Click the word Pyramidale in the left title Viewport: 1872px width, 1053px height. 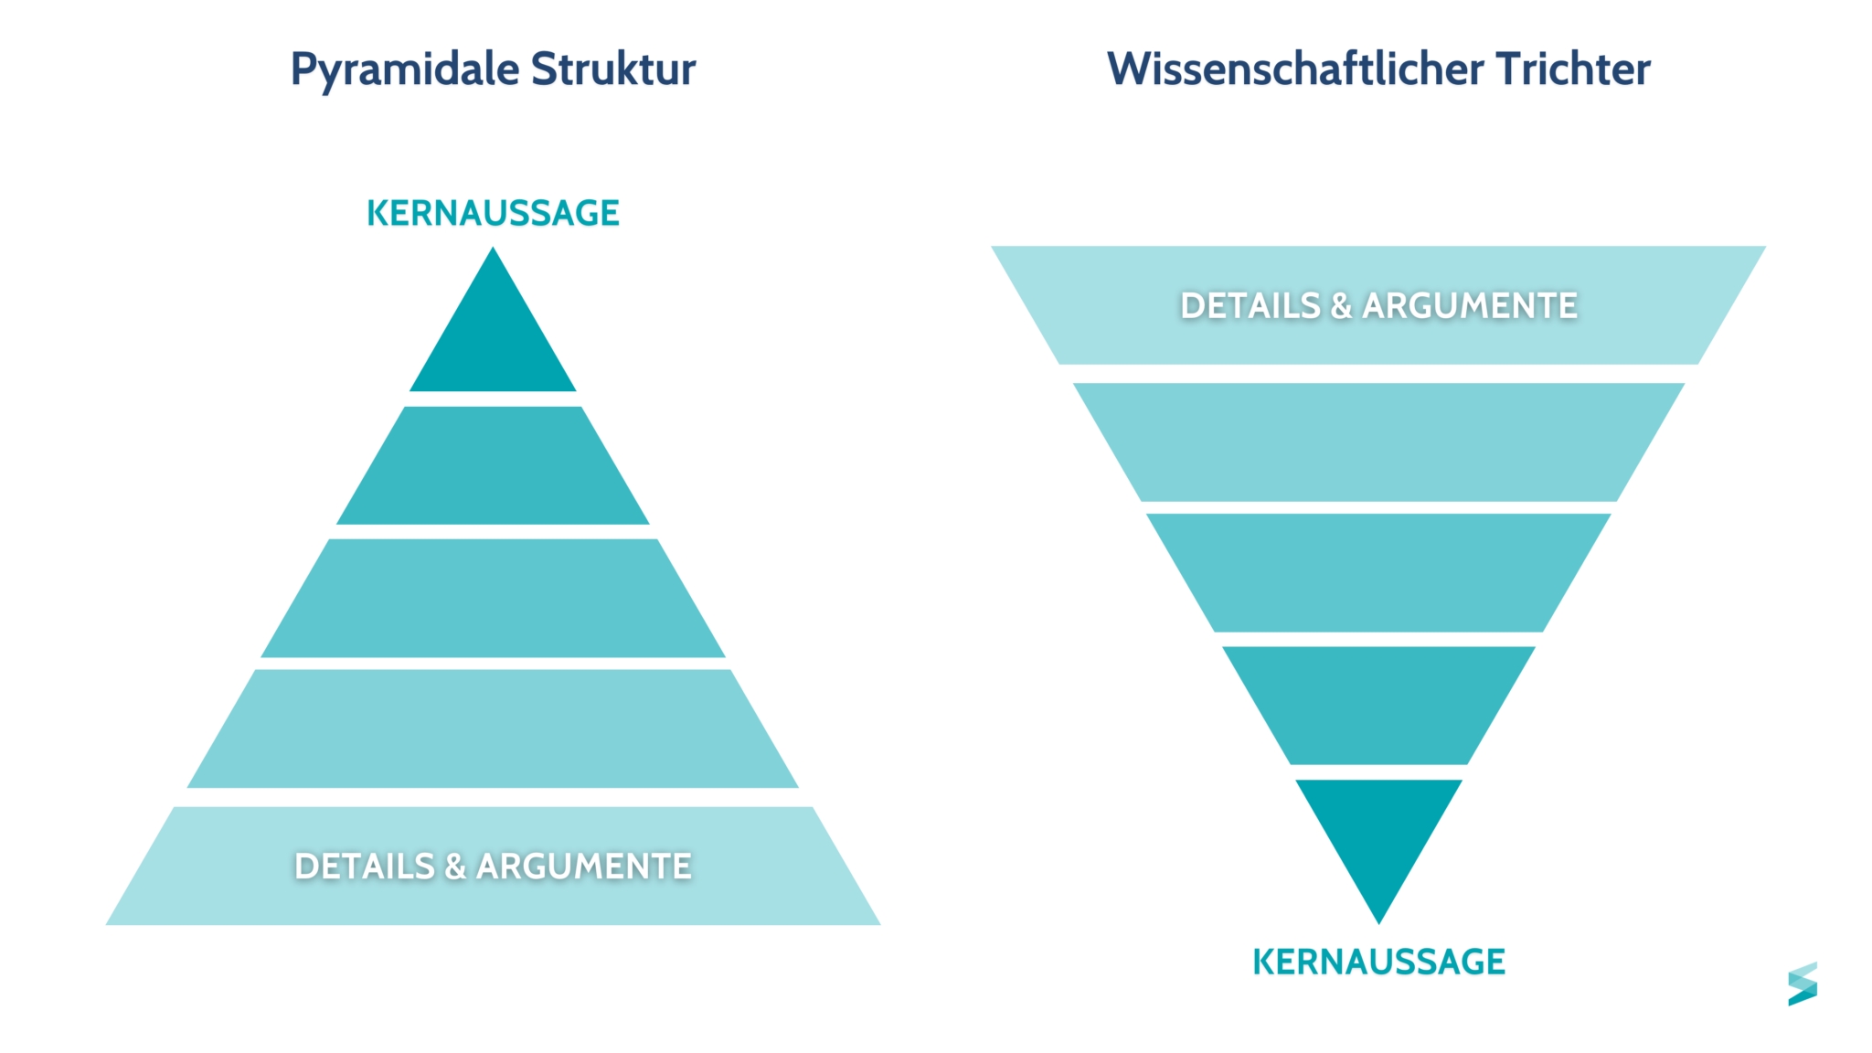(404, 69)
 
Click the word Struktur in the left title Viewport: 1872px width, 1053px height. (613, 69)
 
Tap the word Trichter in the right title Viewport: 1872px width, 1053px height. (1574, 69)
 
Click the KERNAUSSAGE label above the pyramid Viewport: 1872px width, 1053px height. (493, 213)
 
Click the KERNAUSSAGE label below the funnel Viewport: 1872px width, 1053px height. (1378, 962)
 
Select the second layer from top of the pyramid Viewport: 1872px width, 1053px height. (493, 466)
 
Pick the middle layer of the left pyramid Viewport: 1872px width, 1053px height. (493, 598)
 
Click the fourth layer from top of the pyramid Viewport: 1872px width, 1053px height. (493, 729)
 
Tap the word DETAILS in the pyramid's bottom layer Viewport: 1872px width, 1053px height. (364, 867)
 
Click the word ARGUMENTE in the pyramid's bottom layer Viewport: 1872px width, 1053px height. (584, 867)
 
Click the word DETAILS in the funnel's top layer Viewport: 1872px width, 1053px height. (1250, 305)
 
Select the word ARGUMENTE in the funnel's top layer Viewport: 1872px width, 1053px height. (1470, 305)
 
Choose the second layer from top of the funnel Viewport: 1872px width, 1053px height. (1378, 441)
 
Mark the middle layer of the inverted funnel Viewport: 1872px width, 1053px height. (1378, 572)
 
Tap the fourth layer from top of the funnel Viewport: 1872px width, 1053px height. (1378, 705)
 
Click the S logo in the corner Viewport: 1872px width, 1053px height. (1802, 984)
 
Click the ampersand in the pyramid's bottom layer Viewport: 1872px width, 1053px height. (455, 867)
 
